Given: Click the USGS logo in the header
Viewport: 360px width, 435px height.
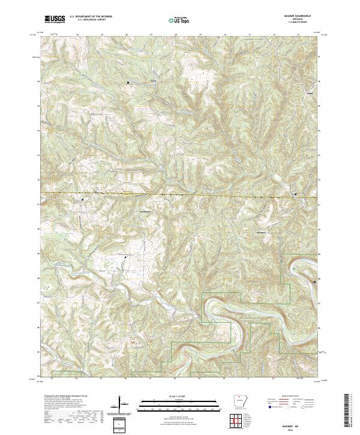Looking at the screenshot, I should coord(55,20).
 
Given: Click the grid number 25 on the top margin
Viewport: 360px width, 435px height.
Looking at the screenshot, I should coord(101,35).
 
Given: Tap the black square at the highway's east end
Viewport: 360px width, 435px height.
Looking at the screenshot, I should coord(295,194).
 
